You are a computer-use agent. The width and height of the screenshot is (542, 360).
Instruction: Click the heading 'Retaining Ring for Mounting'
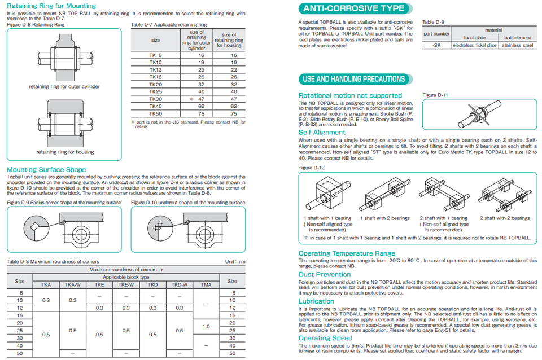51,6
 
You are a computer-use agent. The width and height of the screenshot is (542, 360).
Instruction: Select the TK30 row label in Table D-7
155,99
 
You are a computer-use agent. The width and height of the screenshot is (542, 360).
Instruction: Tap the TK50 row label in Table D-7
155,113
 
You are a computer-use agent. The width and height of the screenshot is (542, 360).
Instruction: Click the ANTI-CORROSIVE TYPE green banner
354,8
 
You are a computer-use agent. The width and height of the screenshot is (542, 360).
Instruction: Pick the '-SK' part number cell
436,45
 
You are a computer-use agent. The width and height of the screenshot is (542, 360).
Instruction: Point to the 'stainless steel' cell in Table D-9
517,45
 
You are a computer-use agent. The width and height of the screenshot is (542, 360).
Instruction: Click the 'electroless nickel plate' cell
475,45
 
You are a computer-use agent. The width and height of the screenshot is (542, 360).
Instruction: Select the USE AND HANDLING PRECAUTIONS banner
354,79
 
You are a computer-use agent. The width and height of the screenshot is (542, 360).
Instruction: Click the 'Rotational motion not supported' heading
350,95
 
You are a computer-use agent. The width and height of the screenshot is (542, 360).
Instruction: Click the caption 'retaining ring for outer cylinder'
64,87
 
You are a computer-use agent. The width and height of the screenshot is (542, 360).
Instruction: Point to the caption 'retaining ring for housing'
65,152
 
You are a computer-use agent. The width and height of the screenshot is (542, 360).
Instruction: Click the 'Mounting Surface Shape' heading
46,169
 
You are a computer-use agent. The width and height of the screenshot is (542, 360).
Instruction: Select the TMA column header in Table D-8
206,285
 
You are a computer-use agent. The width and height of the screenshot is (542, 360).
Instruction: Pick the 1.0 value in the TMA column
206,326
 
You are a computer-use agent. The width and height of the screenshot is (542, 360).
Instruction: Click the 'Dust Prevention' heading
325,274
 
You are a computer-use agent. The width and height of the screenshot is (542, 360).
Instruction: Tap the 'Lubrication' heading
316,301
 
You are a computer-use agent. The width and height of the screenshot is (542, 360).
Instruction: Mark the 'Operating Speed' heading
326,338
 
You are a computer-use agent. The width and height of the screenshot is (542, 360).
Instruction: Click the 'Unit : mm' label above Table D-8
235,261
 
